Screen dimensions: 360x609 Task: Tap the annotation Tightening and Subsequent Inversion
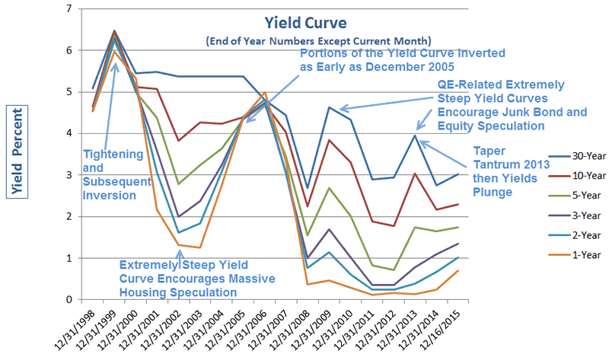pyautogui.click(x=112, y=174)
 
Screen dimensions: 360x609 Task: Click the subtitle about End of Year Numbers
pyautogui.click(x=307, y=40)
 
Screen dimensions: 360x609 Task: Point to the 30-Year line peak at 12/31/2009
pyautogui.click(x=329, y=107)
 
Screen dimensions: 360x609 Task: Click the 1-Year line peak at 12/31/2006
pyautogui.click(x=264, y=93)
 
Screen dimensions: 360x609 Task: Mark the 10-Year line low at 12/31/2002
pyautogui.click(x=177, y=141)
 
